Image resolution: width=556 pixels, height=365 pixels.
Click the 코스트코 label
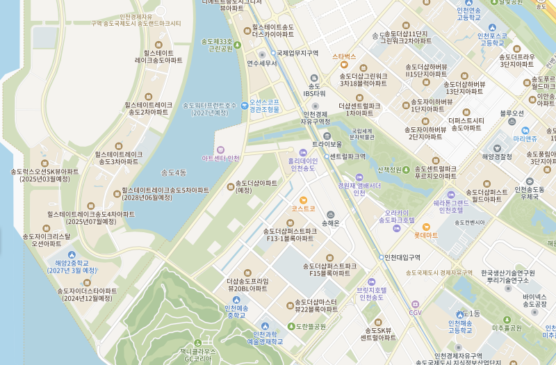(x=304, y=208)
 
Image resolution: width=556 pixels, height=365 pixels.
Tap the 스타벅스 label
(x=344, y=56)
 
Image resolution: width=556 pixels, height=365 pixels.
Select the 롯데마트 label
(x=426, y=235)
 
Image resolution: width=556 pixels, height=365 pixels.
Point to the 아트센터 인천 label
(x=220, y=158)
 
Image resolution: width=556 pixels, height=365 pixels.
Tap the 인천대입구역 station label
(x=402, y=257)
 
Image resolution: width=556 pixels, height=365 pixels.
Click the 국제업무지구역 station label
(x=297, y=53)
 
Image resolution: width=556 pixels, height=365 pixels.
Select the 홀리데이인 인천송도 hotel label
(x=302, y=164)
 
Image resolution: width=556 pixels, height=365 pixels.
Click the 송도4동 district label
(x=174, y=172)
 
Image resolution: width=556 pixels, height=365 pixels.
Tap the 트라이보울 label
(x=327, y=144)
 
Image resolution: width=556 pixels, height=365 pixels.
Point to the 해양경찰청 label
(x=497, y=156)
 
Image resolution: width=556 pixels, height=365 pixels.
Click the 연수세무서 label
(x=261, y=63)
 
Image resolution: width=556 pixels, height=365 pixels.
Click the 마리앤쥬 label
(x=525, y=138)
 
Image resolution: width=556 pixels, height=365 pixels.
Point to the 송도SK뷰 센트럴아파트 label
(x=378, y=334)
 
